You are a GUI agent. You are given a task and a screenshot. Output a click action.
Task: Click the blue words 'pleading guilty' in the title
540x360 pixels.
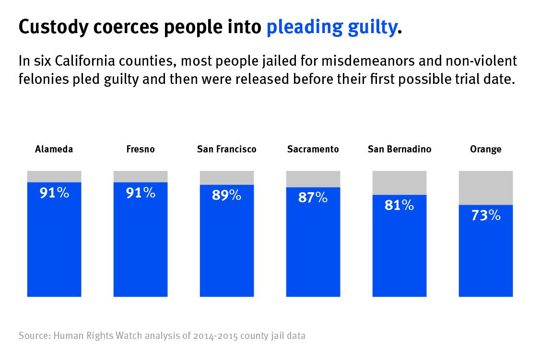331,28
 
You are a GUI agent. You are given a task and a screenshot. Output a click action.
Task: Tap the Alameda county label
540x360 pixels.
54,149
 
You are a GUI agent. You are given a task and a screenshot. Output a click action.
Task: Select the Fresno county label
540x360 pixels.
141,149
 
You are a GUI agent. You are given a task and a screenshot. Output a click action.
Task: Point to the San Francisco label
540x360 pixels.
227,149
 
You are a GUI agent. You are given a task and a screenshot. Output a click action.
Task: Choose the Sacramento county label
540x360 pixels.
313,149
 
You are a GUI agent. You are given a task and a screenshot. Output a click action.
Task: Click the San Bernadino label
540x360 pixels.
399,149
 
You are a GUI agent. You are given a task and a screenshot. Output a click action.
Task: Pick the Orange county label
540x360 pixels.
486,149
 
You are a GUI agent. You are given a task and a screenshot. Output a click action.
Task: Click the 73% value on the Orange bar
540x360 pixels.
486,216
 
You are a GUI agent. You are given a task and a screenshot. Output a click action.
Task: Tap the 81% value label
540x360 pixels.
399,205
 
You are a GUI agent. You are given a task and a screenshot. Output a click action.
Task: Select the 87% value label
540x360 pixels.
313,197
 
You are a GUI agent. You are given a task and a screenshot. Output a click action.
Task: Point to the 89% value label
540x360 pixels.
227,195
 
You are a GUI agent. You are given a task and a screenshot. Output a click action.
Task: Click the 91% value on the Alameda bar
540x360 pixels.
54,193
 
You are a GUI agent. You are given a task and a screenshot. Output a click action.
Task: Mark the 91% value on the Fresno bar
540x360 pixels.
141,193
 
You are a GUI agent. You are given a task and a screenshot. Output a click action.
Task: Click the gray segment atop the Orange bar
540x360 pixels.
486,187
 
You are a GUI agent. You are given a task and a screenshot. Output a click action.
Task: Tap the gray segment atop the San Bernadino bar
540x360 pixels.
399,183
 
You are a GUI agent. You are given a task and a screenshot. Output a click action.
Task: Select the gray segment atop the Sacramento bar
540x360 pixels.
313,179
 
